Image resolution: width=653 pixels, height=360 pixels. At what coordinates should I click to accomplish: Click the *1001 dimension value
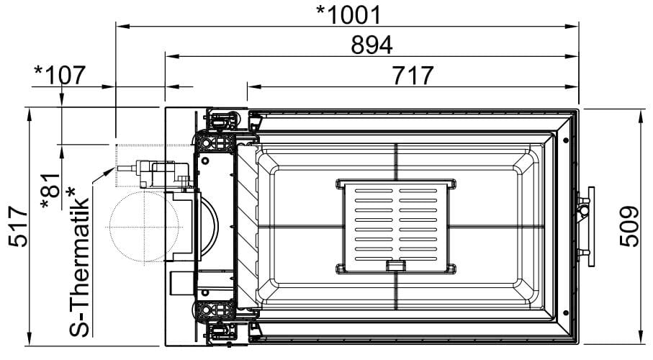(348, 15)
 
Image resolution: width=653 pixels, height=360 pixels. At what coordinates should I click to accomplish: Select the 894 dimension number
(371, 45)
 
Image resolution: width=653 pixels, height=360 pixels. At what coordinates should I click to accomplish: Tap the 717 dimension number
(413, 76)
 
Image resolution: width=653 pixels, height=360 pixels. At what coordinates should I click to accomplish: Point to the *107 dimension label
(60, 75)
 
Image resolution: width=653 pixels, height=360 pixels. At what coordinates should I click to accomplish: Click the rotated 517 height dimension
(19, 227)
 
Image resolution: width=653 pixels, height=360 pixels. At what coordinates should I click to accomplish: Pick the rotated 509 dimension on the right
(629, 226)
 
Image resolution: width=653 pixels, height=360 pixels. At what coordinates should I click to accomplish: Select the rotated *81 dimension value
(51, 191)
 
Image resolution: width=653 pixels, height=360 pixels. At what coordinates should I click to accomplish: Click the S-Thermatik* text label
(78, 261)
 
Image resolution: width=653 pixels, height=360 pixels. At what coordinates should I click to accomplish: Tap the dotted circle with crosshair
(144, 227)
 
